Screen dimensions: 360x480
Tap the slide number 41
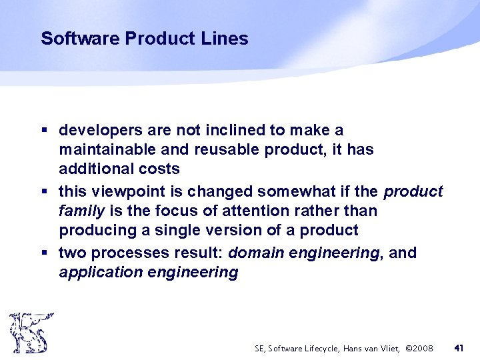pos(459,347)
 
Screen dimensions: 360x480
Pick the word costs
pos(158,169)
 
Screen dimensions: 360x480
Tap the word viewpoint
pos(124,192)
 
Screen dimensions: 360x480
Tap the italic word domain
pos(255,253)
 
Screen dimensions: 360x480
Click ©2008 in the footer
pos(419,348)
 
